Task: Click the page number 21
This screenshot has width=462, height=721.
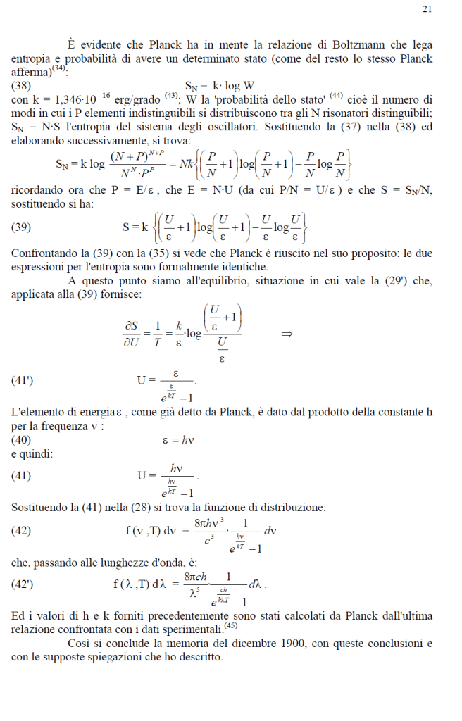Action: tap(427, 9)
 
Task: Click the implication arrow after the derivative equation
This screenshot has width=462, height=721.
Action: tap(287, 334)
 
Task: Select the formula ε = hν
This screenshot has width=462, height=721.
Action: tap(178, 440)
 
